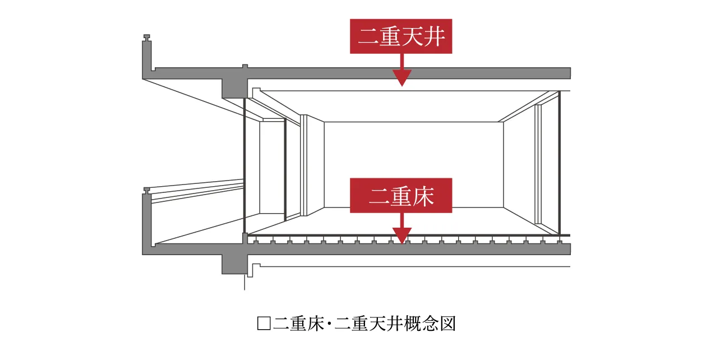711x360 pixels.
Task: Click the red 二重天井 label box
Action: (401, 37)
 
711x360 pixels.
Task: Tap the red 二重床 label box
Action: (401, 196)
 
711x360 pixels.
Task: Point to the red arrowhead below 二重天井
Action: (401, 78)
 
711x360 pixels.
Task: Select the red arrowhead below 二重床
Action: (401, 236)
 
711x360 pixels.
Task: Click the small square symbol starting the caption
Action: (263, 324)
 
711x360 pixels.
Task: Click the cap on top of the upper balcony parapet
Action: (147, 38)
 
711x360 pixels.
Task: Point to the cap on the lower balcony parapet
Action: (147, 191)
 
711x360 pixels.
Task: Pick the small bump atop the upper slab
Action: (244, 66)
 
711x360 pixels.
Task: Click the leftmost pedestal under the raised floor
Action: (256, 242)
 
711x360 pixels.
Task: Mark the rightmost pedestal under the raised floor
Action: (559, 242)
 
